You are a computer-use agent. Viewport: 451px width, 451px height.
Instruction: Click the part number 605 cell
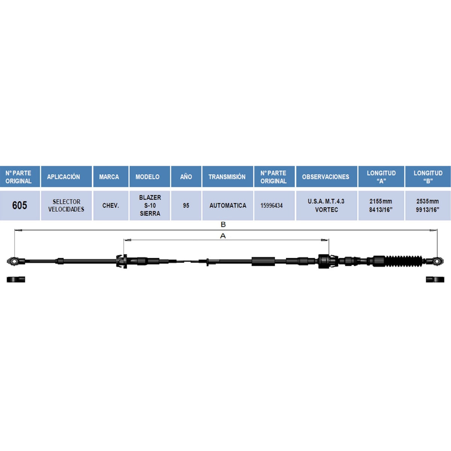click(x=20, y=205)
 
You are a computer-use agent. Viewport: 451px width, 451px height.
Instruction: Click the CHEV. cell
click(x=111, y=205)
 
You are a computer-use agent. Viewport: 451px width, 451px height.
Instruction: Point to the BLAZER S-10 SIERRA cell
click(x=150, y=205)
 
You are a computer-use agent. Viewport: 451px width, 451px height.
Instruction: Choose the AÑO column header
click(x=186, y=177)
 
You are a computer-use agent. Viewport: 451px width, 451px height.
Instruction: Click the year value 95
click(x=186, y=205)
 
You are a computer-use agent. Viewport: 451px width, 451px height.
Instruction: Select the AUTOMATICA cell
click(x=228, y=205)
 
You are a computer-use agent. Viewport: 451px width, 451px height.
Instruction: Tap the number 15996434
click(x=271, y=206)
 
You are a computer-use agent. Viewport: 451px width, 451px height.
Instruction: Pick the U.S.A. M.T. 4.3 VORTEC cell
click(x=327, y=205)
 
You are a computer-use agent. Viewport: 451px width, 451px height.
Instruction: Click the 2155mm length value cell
click(x=381, y=205)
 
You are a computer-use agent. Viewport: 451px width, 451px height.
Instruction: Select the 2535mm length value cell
click(x=428, y=205)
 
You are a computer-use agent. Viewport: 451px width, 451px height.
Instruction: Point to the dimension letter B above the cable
click(x=223, y=224)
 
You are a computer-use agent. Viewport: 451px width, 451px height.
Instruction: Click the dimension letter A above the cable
click(x=223, y=236)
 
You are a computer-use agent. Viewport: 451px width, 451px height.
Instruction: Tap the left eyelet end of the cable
click(x=13, y=261)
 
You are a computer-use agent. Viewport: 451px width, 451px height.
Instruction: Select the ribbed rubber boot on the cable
click(x=403, y=261)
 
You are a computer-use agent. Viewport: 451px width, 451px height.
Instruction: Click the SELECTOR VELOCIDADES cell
click(x=66, y=205)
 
